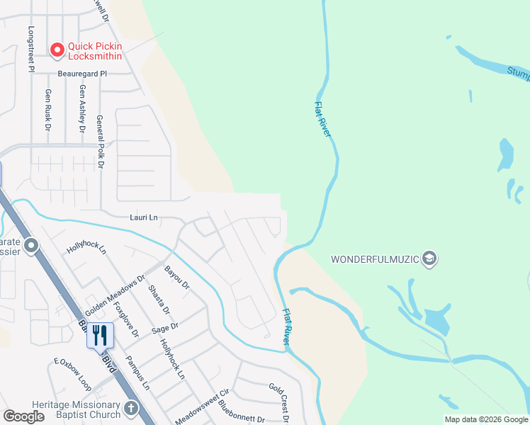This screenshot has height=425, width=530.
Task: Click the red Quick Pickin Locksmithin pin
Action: point(58,49)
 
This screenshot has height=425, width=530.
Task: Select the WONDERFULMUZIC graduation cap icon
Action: point(428,259)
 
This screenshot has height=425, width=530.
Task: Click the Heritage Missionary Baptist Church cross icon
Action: point(130,408)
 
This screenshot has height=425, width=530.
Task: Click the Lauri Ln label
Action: point(143,217)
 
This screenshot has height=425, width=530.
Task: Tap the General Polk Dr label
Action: point(100,142)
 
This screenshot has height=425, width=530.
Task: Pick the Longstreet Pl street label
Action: point(30,50)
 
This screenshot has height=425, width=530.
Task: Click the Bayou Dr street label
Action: point(177,278)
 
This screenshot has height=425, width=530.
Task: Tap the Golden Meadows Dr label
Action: point(115,295)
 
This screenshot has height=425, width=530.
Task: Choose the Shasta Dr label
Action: point(159,300)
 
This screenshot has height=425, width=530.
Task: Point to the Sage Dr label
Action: point(164,328)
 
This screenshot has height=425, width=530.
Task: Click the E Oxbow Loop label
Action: point(73,373)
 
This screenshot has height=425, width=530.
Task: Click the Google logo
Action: point(23,416)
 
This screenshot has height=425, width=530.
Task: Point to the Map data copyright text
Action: point(485,419)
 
